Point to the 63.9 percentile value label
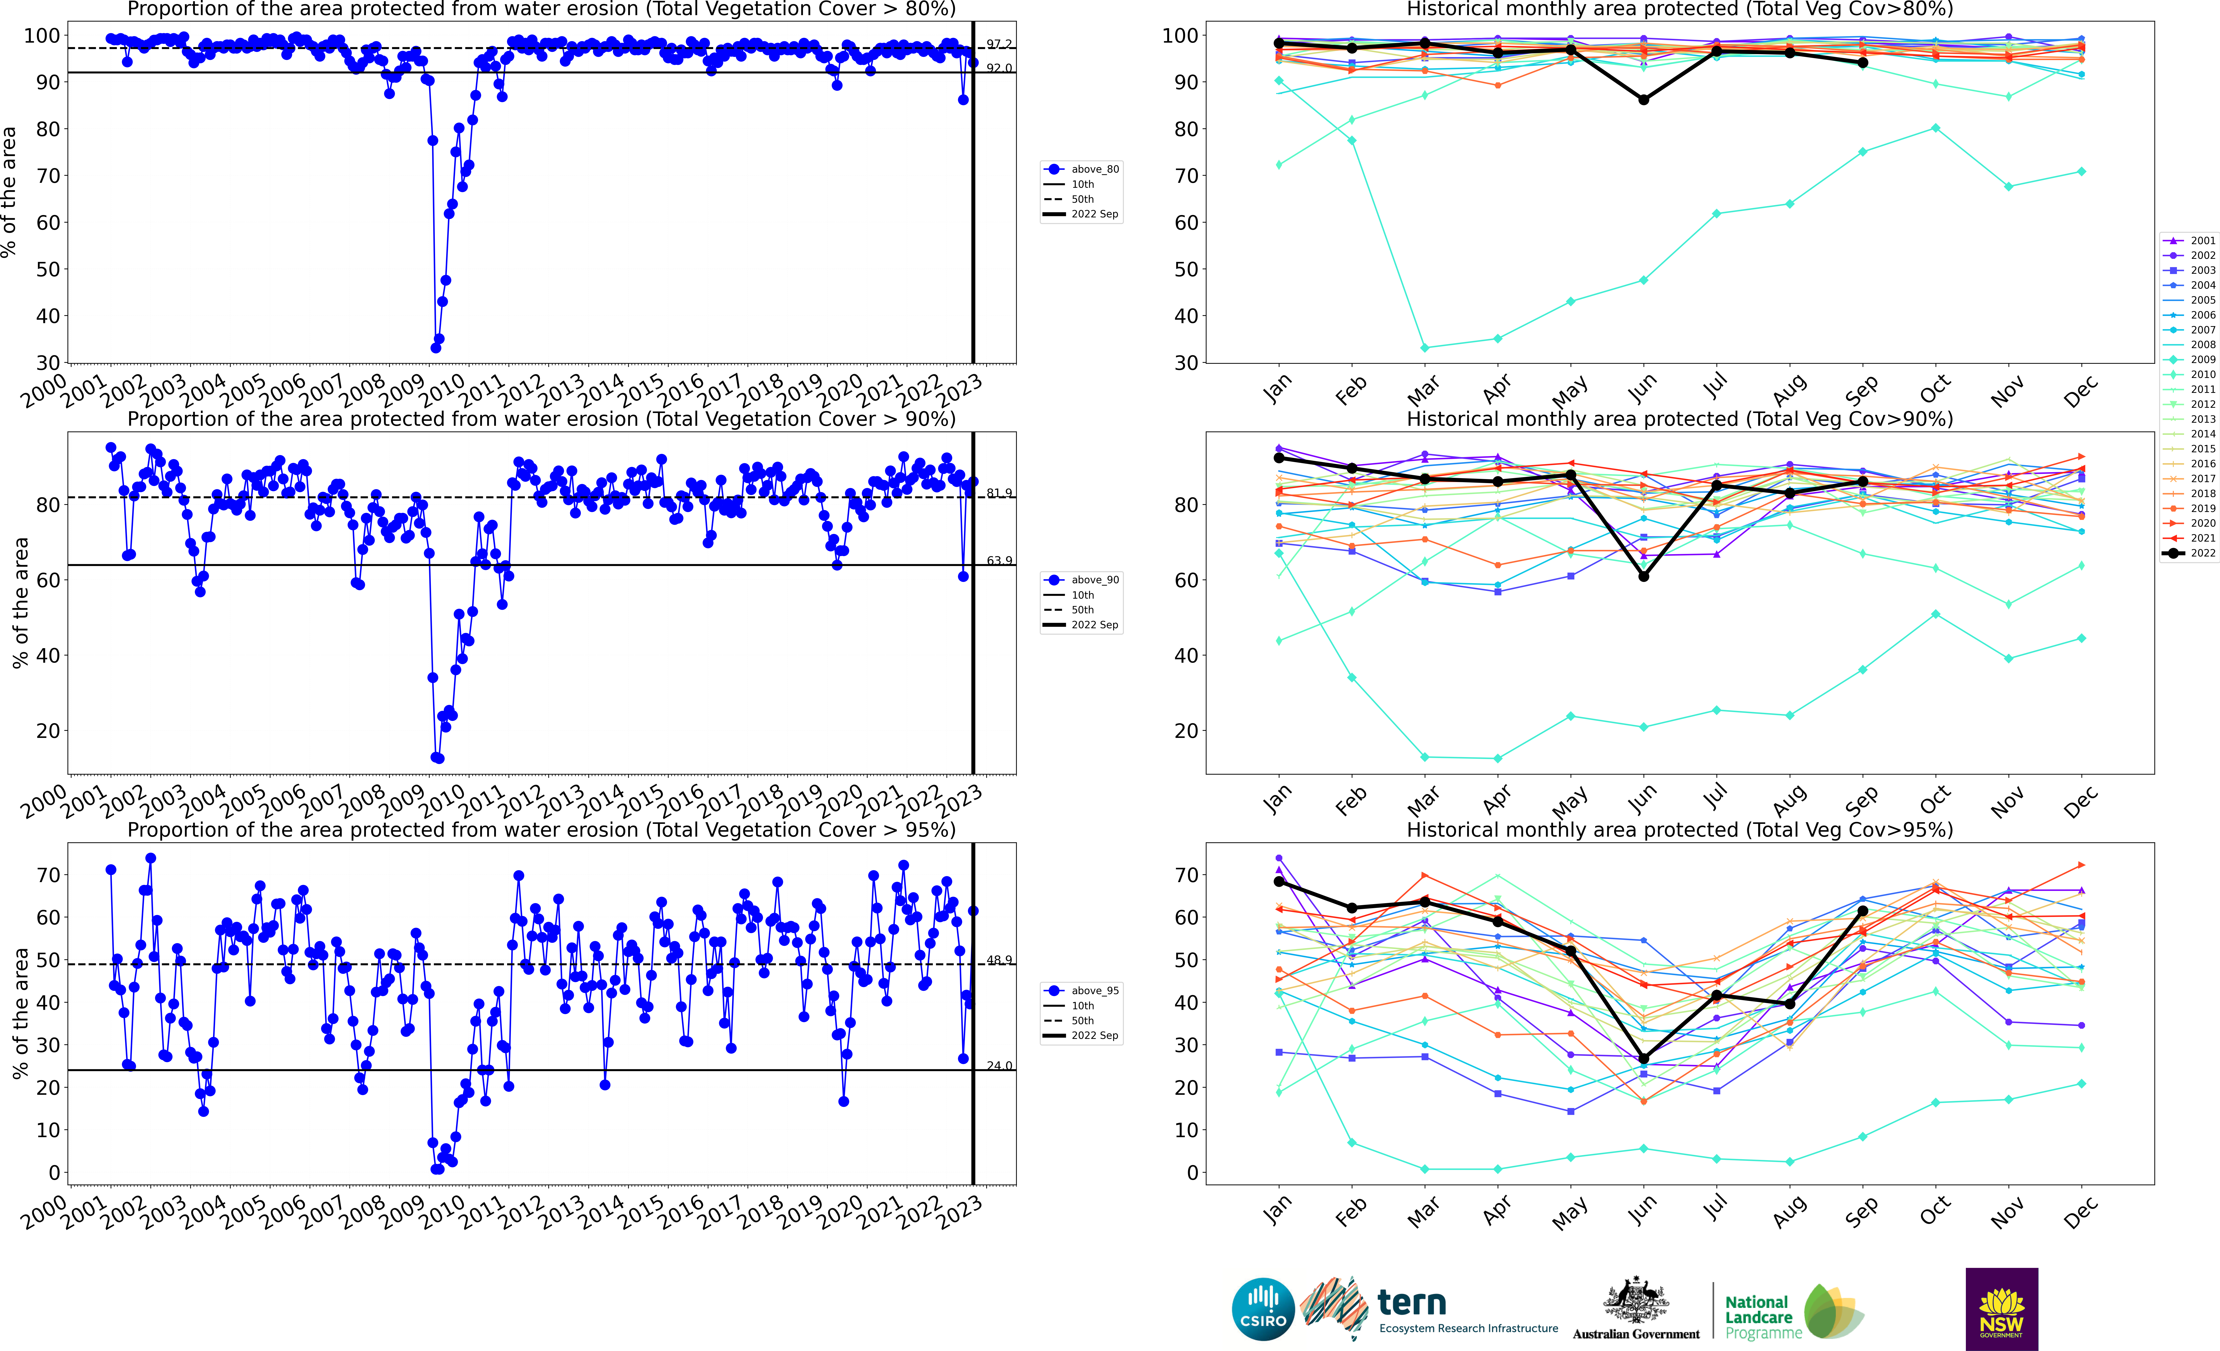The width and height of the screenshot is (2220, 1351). coord(998,560)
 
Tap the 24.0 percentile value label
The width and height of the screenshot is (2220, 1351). coord(998,1065)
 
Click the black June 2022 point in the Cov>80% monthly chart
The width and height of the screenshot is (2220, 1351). coord(1643,100)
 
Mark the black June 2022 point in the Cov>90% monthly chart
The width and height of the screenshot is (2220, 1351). coord(1643,576)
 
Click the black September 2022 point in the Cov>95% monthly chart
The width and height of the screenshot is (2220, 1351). coord(1862,911)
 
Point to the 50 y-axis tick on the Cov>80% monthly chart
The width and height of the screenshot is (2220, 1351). coord(1186,269)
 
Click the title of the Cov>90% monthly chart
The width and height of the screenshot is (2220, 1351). coord(1680,420)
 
